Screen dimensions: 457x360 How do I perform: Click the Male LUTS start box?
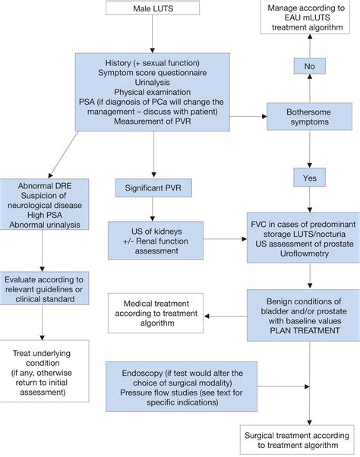point(153,9)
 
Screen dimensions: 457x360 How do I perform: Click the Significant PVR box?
point(153,186)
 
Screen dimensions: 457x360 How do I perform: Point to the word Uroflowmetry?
point(309,247)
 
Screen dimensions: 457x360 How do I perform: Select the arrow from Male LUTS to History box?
point(153,34)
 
